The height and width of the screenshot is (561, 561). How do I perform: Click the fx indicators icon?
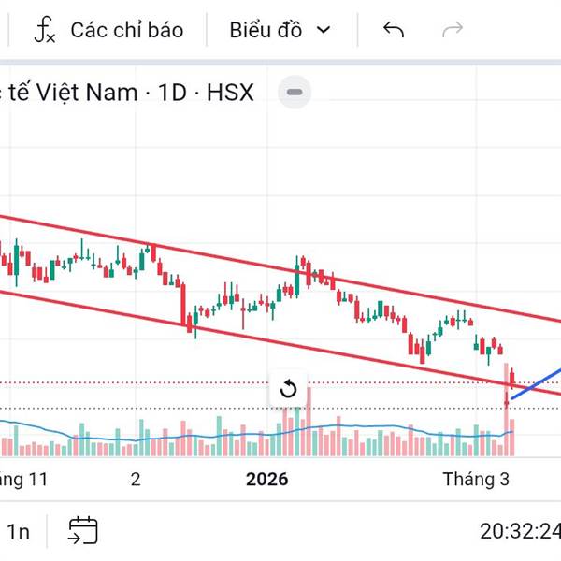pyautogui.click(x=44, y=30)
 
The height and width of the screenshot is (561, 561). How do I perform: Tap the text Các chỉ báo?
pyautogui.click(x=127, y=30)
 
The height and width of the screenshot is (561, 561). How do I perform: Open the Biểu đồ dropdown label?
pyautogui.click(x=266, y=30)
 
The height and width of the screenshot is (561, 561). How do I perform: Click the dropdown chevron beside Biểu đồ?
pyautogui.click(x=324, y=30)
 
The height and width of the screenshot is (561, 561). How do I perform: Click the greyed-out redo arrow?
pyautogui.click(x=453, y=30)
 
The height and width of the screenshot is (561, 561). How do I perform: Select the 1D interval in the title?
pyautogui.click(x=173, y=93)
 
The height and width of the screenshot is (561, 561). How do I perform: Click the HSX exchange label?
pyautogui.click(x=230, y=93)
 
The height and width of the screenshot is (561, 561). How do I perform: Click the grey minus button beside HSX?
pyautogui.click(x=295, y=93)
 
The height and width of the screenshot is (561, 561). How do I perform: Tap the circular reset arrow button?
pyautogui.click(x=288, y=389)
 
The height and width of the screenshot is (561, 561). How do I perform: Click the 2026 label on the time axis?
pyautogui.click(x=267, y=480)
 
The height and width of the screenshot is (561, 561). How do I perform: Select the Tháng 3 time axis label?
pyautogui.click(x=476, y=480)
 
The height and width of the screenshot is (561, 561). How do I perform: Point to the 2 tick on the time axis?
pyautogui.click(x=136, y=480)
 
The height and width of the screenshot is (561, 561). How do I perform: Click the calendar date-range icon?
pyautogui.click(x=82, y=531)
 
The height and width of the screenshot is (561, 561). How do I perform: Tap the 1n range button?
pyautogui.click(x=19, y=532)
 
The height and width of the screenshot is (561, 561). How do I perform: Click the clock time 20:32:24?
pyautogui.click(x=520, y=532)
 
